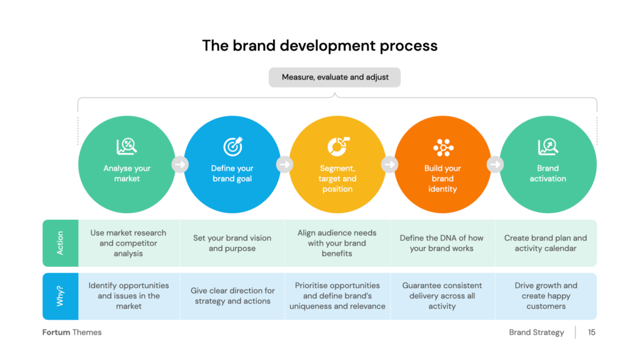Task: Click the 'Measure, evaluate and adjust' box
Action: (334, 77)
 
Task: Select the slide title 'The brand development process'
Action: (319, 46)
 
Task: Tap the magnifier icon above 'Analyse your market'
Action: (126, 146)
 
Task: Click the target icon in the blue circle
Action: (232, 146)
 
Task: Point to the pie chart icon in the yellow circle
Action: (338, 146)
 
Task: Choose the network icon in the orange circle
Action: (443, 147)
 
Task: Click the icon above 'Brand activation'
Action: (547, 146)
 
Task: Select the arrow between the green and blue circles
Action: (179, 164)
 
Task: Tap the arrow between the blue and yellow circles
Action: (284, 164)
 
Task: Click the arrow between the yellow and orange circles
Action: (390, 164)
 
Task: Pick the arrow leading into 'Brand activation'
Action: (495, 164)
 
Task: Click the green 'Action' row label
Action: (61, 243)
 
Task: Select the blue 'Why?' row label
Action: (61, 296)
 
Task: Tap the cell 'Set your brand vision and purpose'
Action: (232, 243)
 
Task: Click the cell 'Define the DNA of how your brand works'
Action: (442, 243)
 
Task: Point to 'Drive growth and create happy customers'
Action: (546, 296)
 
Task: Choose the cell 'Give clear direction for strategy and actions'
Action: (232, 296)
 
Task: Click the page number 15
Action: (591, 332)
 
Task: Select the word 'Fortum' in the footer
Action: (56, 332)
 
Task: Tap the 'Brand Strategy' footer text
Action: (536, 332)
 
